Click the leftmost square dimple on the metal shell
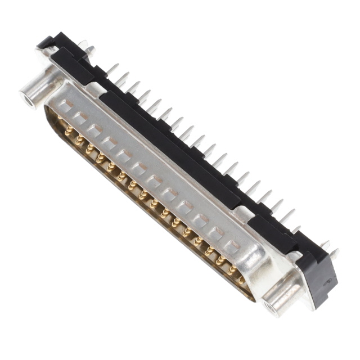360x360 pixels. click(x=66, y=105)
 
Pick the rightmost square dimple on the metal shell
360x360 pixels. click(x=231, y=246)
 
